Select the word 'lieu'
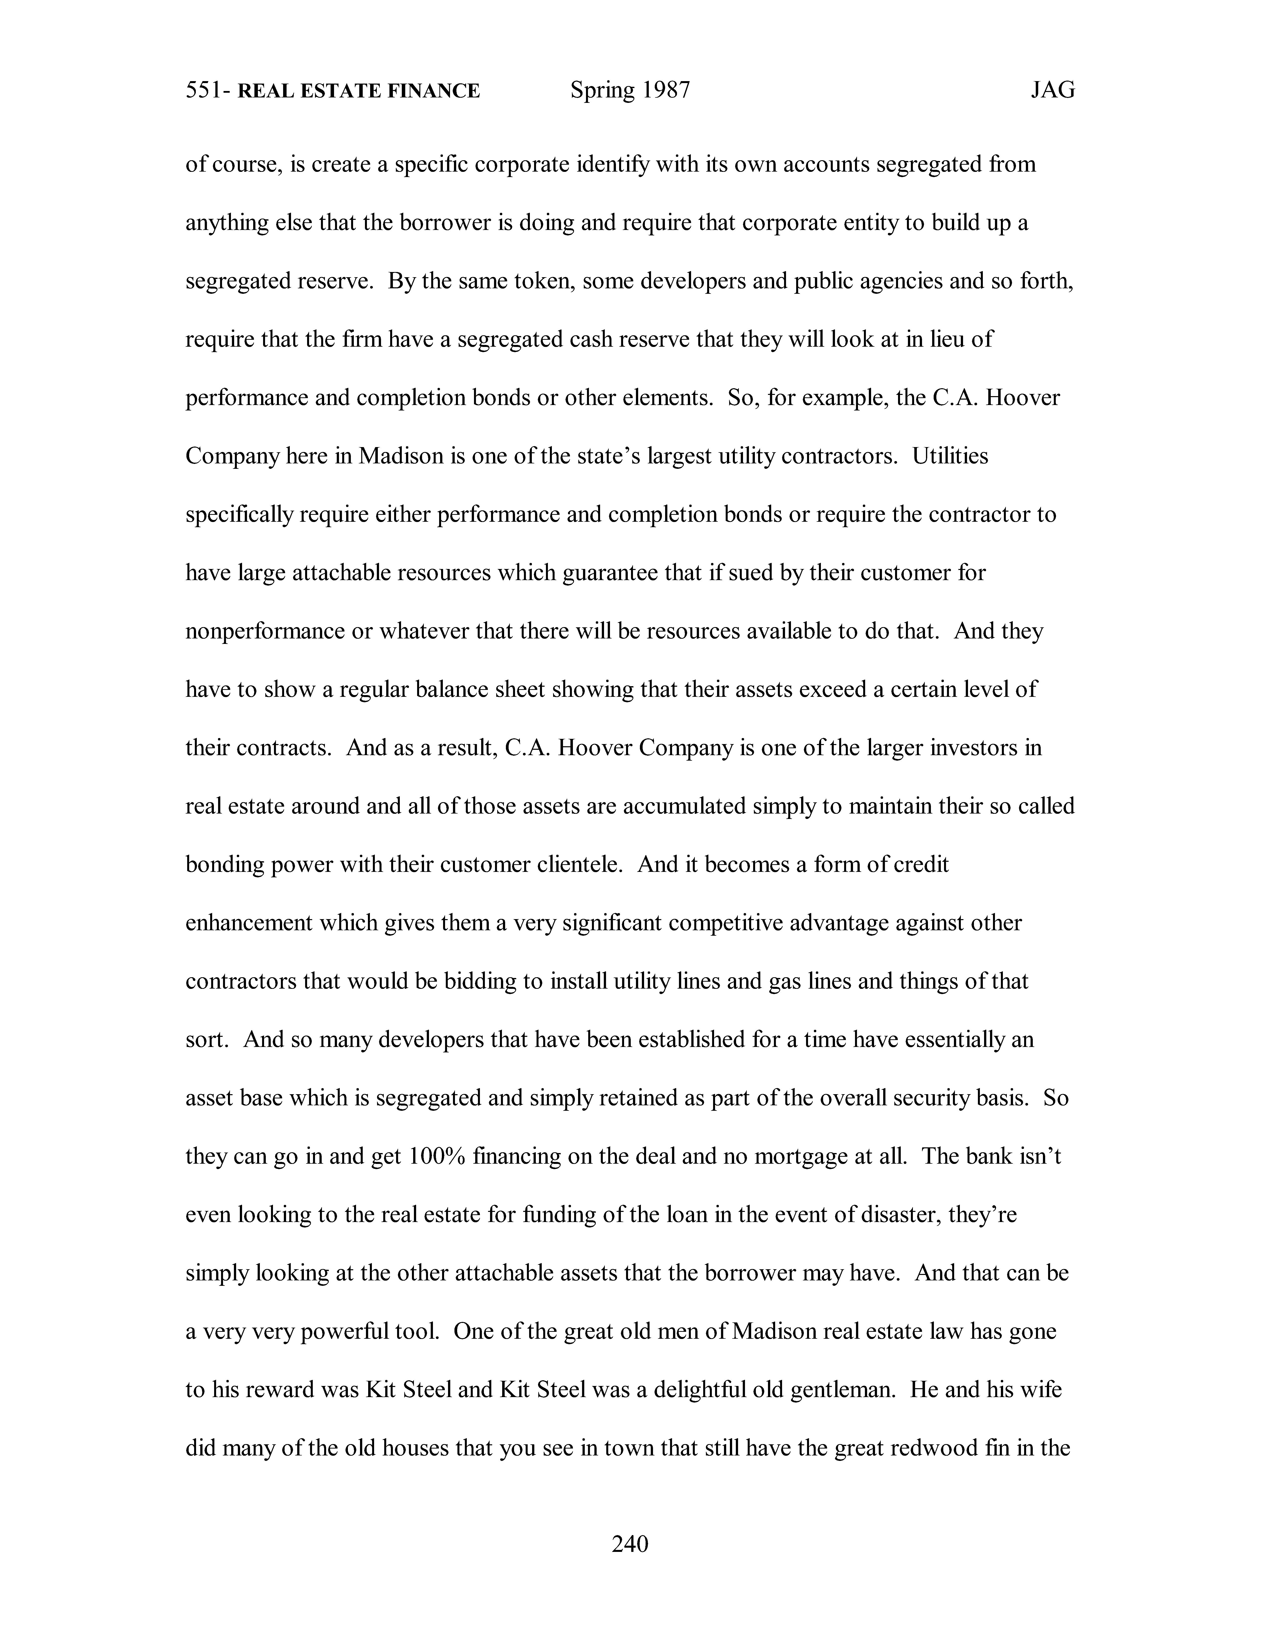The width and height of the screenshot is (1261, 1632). point(949,339)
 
